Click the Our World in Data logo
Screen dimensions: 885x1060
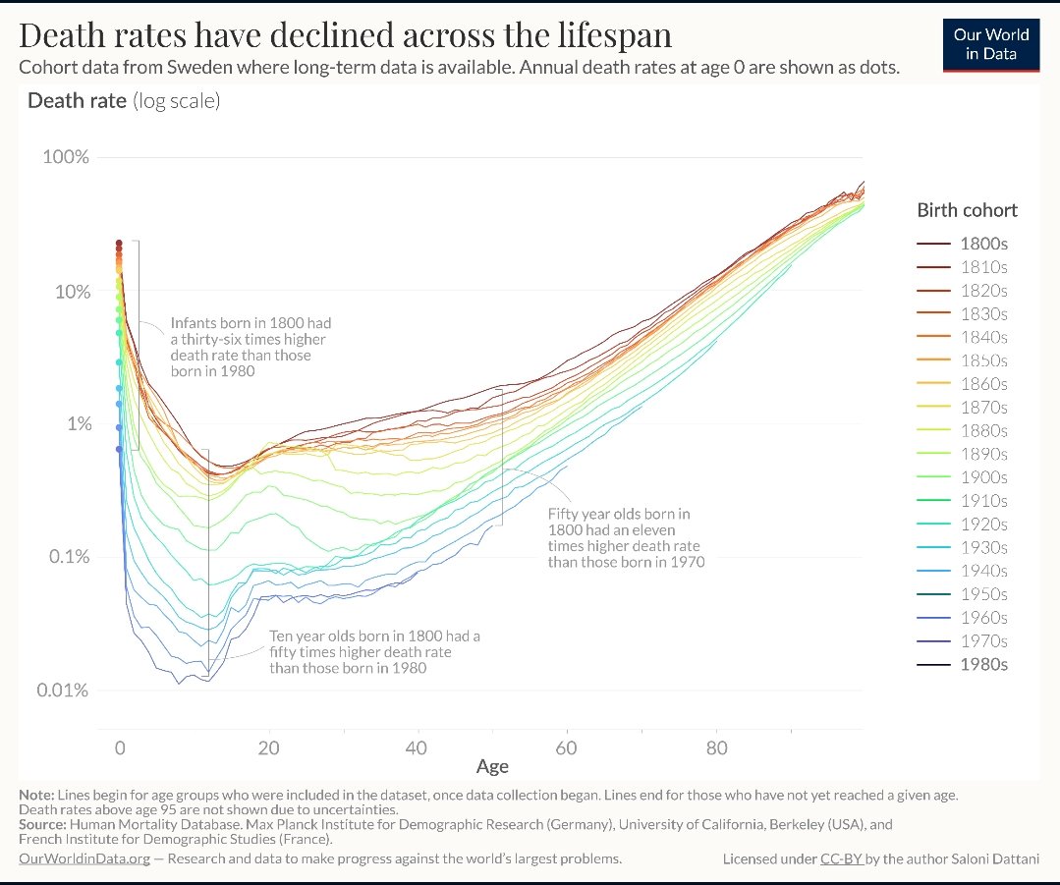[990, 44]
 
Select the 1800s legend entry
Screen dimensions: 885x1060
[983, 244]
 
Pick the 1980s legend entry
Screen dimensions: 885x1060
[983, 664]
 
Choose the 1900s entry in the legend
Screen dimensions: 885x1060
[983, 477]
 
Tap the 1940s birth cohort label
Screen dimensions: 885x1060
[983, 571]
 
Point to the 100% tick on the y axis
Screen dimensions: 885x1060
[66, 158]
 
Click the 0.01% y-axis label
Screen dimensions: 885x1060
[63, 691]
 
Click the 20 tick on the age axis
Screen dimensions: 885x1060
[268, 748]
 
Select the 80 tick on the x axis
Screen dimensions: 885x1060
[716, 748]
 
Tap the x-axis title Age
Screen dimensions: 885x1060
[492, 766]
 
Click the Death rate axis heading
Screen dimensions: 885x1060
[77, 101]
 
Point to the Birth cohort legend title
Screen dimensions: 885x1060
[967, 210]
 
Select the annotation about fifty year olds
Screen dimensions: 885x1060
[625, 537]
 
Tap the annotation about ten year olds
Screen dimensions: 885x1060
[374, 652]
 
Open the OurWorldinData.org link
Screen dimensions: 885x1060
[84, 858]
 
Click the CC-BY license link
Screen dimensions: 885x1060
[841, 858]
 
